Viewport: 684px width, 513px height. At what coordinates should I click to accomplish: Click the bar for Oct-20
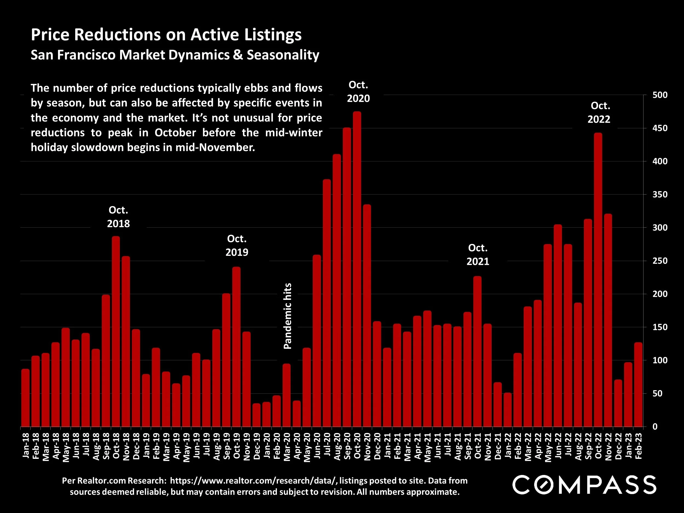click(357, 269)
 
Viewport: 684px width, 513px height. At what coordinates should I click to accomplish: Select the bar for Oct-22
click(598, 280)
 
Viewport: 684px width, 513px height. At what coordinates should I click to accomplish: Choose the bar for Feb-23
click(638, 385)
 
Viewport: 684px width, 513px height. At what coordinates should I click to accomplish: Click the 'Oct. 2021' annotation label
click(478, 254)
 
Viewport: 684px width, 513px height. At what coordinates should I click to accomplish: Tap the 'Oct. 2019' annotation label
click(237, 245)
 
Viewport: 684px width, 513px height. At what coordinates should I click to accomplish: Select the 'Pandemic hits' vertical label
click(288, 316)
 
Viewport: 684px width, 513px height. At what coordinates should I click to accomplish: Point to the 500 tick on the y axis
click(660, 95)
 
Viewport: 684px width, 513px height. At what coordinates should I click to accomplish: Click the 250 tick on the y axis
click(660, 261)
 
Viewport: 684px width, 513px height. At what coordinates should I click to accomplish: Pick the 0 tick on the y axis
click(655, 427)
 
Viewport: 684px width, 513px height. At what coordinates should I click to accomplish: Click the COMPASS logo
click(584, 485)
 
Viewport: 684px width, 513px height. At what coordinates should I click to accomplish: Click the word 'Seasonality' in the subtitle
click(283, 55)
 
